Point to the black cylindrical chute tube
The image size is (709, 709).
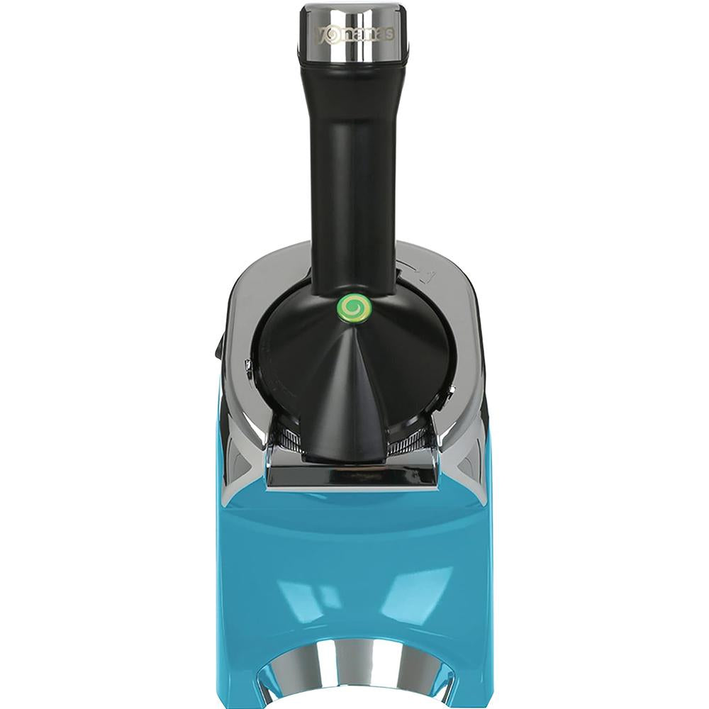click(x=354, y=181)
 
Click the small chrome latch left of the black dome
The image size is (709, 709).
click(x=247, y=367)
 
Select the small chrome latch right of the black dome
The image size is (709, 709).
click(x=448, y=398)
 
